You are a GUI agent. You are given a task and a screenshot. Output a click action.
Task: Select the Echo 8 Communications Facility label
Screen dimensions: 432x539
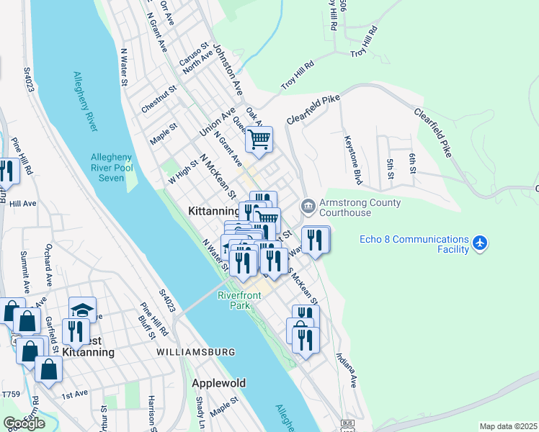pos(414,244)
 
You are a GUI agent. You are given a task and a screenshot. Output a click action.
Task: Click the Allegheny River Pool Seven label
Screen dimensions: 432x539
pos(111,168)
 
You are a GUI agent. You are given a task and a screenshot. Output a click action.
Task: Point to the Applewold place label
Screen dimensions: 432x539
pos(216,383)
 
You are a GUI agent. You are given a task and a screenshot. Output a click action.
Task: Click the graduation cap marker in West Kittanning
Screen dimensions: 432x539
pos(82,310)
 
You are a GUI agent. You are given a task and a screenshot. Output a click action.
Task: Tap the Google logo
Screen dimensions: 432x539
pos(24,423)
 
